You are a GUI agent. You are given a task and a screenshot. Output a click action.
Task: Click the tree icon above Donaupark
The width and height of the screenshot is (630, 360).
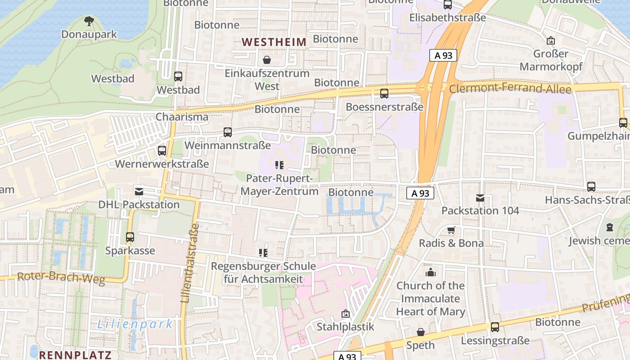pyautogui.click(x=89, y=20)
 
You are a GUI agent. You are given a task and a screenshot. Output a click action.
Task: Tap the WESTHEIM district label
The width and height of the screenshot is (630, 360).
pyautogui.click(x=274, y=42)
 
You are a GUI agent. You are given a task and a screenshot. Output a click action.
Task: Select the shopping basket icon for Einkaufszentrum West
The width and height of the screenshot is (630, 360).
pyautogui.click(x=267, y=60)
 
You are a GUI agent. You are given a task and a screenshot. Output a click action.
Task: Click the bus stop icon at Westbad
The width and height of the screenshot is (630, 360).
pyautogui.click(x=178, y=76)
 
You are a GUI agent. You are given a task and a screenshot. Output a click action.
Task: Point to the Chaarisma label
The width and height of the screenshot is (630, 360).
pyautogui.click(x=182, y=117)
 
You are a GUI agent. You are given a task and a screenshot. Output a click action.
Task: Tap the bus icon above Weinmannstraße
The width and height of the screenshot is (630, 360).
pyautogui.click(x=228, y=132)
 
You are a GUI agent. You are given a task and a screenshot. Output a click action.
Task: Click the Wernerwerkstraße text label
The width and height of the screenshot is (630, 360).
pyautogui.click(x=162, y=164)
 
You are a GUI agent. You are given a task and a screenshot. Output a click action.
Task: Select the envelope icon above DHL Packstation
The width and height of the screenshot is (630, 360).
pyautogui.click(x=139, y=191)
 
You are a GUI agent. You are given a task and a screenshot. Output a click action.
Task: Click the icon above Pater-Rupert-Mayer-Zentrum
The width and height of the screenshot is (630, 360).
pyautogui.click(x=279, y=165)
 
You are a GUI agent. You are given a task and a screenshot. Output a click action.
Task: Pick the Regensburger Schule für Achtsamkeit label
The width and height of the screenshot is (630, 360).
pyautogui.click(x=263, y=273)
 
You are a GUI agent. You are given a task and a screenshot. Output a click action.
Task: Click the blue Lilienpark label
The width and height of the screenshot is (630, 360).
pyautogui.click(x=135, y=324)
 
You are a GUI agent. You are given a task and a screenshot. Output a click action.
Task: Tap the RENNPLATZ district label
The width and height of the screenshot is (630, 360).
pyautogui.click(x=75, y=355)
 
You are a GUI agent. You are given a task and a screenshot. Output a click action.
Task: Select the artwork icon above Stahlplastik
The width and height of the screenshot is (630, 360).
pyautogui.click(x=346, y=314)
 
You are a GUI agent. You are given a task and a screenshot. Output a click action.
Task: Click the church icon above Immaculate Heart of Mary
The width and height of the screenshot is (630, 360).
pyautogui.click(x=431, y=273)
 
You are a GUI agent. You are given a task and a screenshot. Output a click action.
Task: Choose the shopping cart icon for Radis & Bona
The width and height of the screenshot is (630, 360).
pyautogui.click(x=451, y=230)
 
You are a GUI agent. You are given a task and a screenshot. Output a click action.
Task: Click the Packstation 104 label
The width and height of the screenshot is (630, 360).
pyautogui.click(x=480, y=211)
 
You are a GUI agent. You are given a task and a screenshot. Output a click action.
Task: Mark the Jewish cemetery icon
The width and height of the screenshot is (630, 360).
pyautogui.click(x=609, y=227)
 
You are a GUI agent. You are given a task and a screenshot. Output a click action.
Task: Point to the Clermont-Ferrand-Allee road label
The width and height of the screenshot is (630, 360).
pyautogui.click(x=510, y=89)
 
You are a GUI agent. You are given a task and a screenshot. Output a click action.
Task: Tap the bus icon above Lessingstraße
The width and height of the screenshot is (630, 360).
pyautogui.click(x=495, y=327)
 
